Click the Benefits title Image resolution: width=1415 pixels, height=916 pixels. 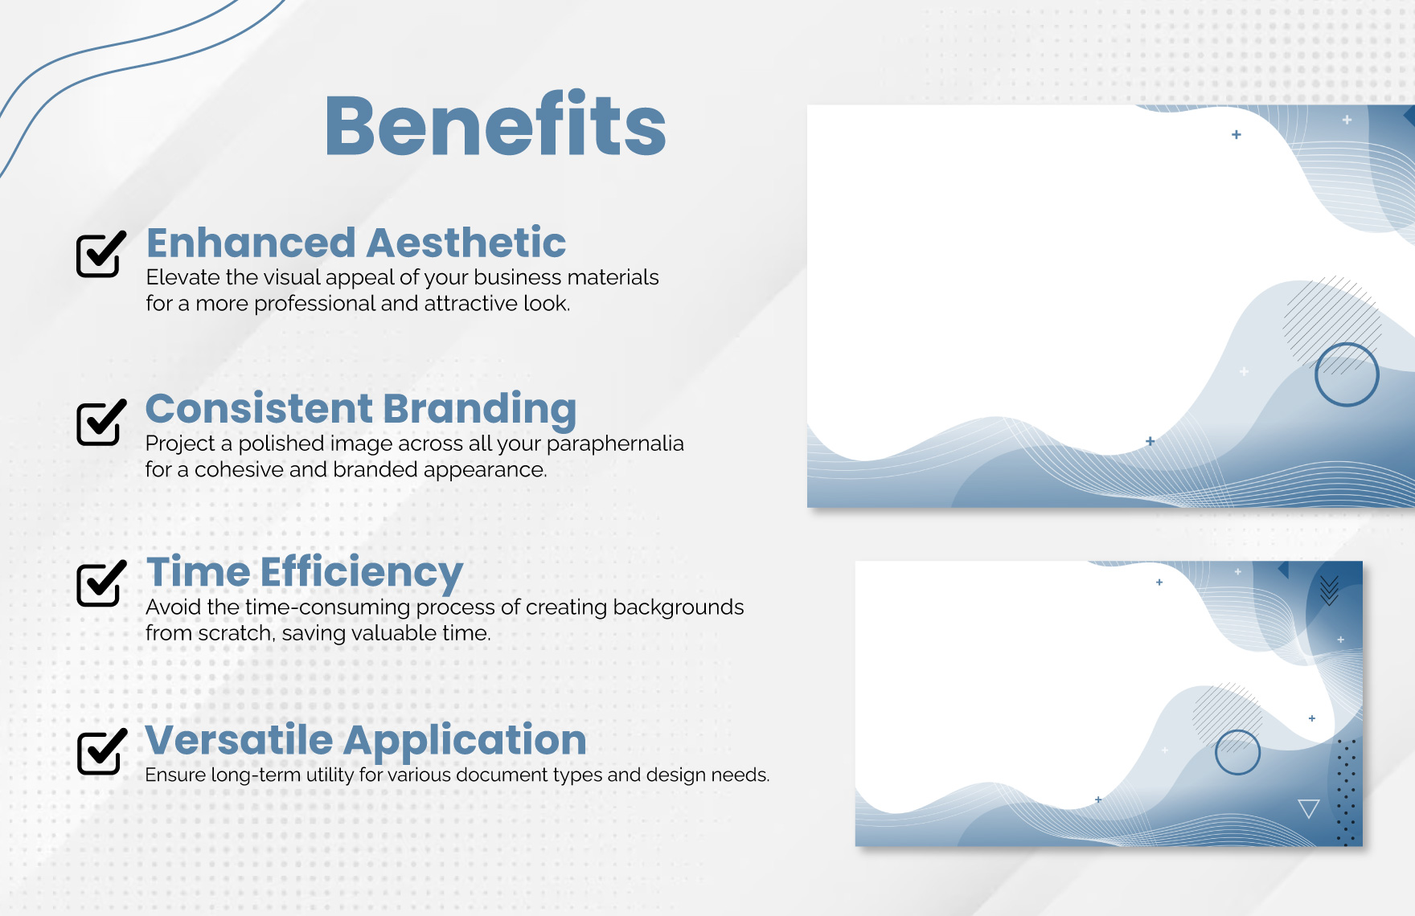click(495, 125)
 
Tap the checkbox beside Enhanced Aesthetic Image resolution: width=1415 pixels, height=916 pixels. click(101, 253)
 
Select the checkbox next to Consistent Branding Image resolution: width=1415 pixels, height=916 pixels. click(101, 422)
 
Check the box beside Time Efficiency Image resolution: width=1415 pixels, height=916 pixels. click(101, 583)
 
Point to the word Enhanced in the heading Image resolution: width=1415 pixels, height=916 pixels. click(251, 243)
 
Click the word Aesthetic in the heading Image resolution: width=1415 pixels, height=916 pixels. click(467, 243)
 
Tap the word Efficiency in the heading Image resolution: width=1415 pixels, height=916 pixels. click(362, 574)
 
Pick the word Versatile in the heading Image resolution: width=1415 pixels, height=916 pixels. click(239, 739)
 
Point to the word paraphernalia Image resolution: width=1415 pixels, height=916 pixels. click(615, 444)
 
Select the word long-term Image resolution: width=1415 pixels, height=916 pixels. click(256, 775)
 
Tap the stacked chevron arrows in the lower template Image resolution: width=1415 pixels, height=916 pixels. click(1329, 591)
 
